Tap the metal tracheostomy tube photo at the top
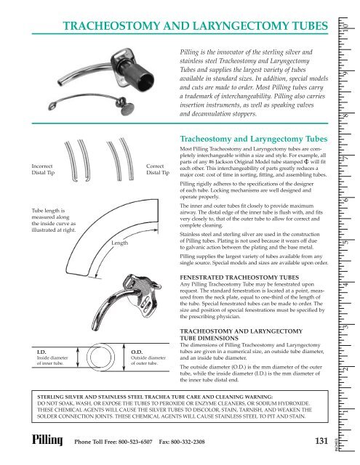[x=134, y=80]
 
